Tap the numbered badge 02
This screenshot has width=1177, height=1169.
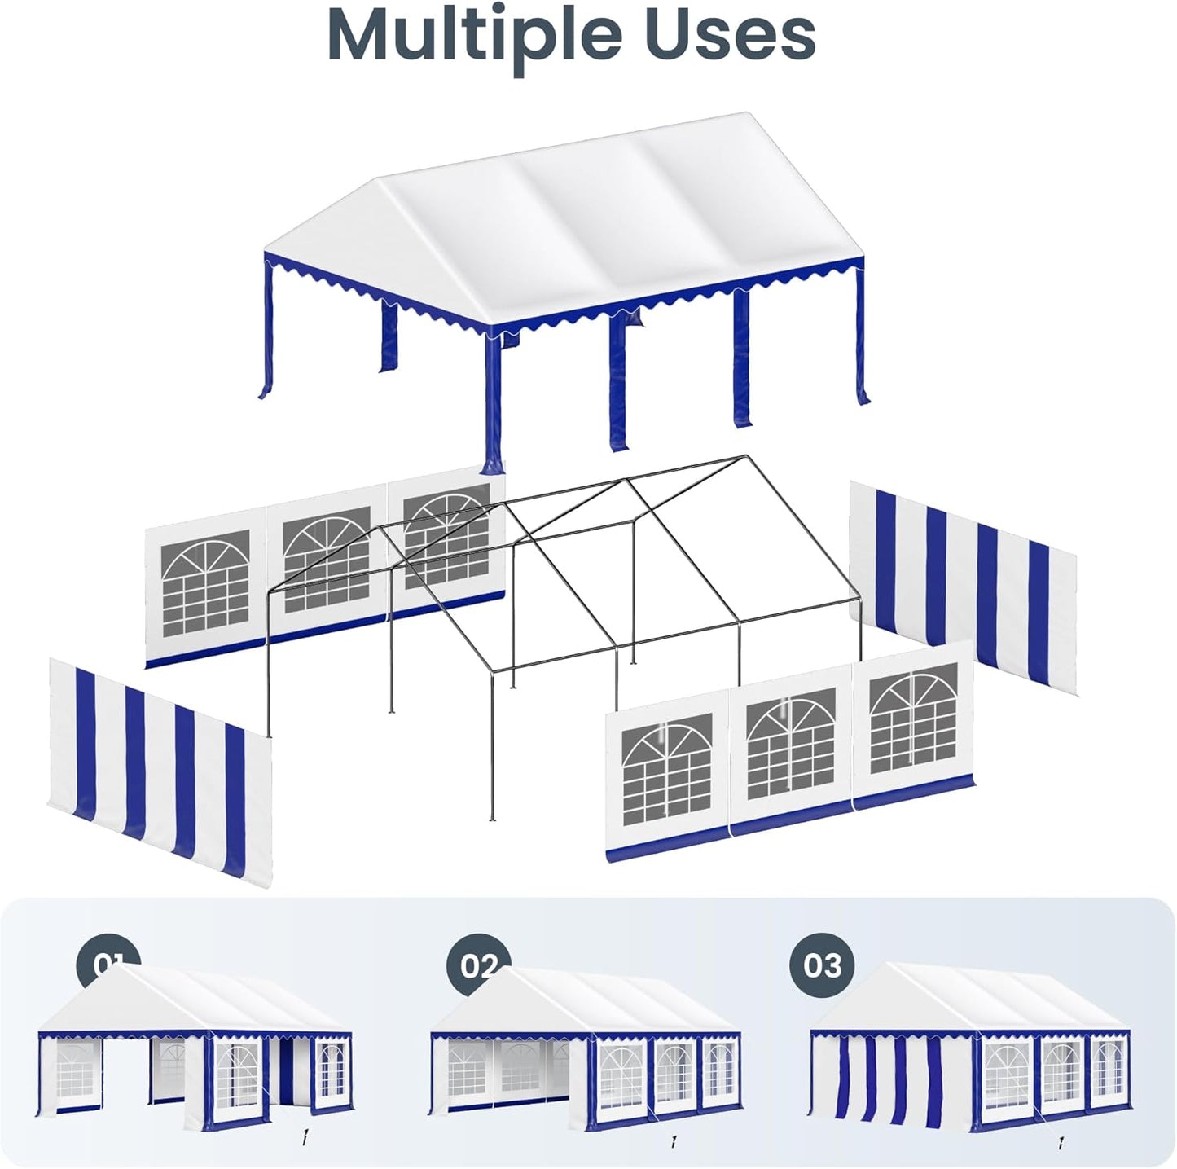pyautogui.click(x=478, y=965)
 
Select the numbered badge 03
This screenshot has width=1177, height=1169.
pyautogui.click(x=822, y=965)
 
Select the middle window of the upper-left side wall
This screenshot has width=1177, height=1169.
pyautogui.click(x=327, y=559)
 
